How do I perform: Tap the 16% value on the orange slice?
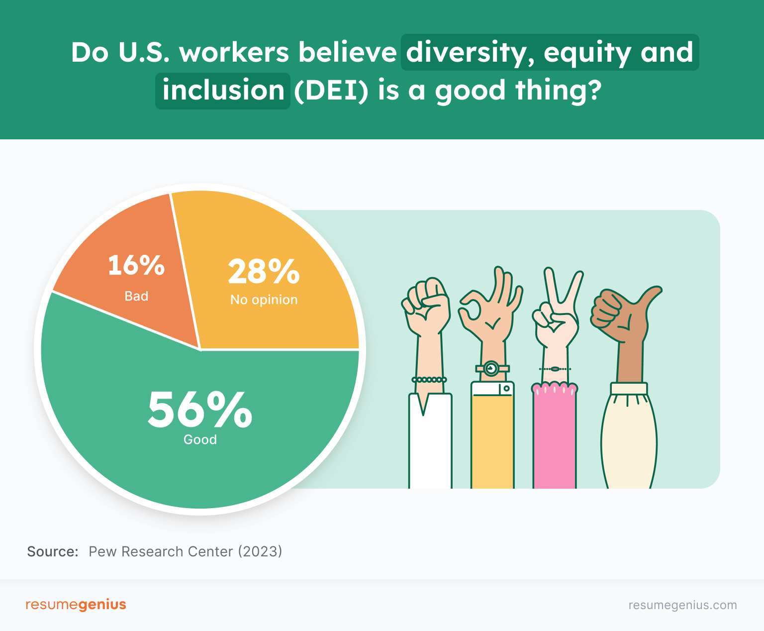pyautogui.click(x=136, y=265)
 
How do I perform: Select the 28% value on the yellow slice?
pyautogui.click(x=264, y=272)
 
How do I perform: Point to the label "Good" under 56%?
pyautogui.click(x=200, y=440)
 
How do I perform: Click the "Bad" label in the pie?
pyautogui.click(x=136, y=296)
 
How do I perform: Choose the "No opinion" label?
pyautogui.click(x=264, y=300)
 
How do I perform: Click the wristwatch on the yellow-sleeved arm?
pyautogui.click(x=491, y=368)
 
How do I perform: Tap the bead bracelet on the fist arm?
pyautogui.click(x=429, y=380)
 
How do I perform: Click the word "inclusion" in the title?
pyautogui.click(x=223, y=91)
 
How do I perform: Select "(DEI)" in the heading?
pyautogui.click(x=331, y=91)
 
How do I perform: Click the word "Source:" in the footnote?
pyautogui.click(x=53, y=551)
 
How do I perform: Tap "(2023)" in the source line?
pyautogui.click(x=260, y=551)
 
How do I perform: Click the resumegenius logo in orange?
pyautogui.click(x=76, y=605)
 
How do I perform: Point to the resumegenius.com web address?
pyautogui.click(x=682, y=605)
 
